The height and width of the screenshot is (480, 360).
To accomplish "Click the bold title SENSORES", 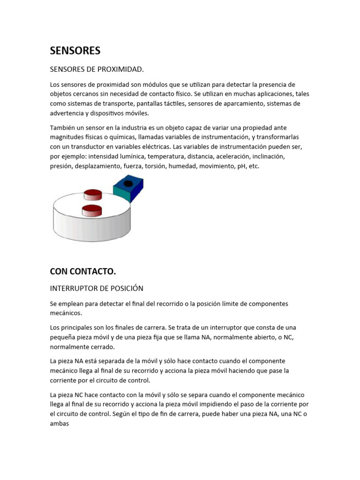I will (x=75, y=50).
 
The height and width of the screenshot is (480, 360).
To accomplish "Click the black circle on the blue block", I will (x=128, y=183).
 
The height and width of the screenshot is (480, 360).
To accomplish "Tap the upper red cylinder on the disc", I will (x=93, y=195).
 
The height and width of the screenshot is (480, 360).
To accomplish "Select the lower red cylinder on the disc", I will (x=92, y=210).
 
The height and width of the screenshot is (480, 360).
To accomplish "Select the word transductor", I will (x=85, y=146).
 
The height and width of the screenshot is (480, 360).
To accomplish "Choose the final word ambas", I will (x=60, y=423).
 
